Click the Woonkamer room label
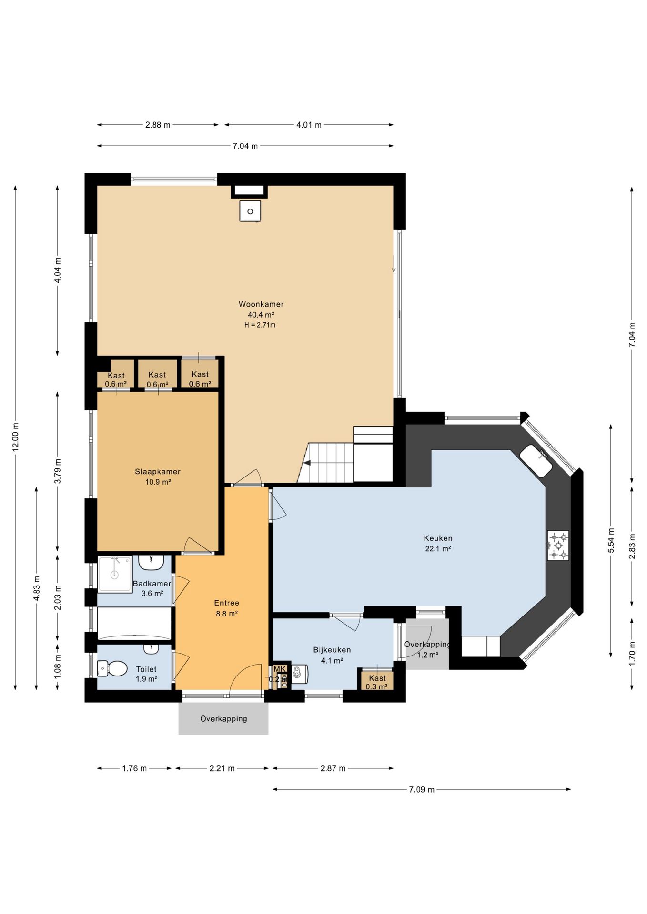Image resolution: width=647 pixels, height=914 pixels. pyautogui.click(x=261, y=304)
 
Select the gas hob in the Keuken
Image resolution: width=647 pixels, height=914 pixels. pyautogui.click(x=558, y=546)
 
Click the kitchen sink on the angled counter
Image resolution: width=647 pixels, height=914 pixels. pyautogui.click(x=536, y=461)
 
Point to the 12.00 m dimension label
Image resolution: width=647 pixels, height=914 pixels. pyautogui.click(x=16, y=437)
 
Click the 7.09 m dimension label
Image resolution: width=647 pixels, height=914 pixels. pyautogui.click(x=422, y=789)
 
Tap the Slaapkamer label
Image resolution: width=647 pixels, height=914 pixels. pyautogui.click(x=158, y=472)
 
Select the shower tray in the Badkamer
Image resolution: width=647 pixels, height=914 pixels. pyautogui.click(x=115, y=575)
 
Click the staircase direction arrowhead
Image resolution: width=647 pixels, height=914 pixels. pyautogui.click(x=307, y=462)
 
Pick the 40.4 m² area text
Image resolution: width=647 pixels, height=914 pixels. pyautogui.click(x=261, y=315)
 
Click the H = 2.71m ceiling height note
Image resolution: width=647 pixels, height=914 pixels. pyautogui.click(x=260, y=325)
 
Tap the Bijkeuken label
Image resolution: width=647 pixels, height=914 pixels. pyautogui.click(x=332, y=650)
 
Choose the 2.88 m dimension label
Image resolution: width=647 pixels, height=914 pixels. pyautogui.click(x=158, y=125)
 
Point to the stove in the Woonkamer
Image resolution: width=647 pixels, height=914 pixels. pyautogui.click(x=250, y=211)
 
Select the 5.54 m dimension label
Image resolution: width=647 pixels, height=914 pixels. pyautogui.click(x=611, y=540)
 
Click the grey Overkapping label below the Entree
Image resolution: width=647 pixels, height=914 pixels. pyautogui.click(x=223, y=719)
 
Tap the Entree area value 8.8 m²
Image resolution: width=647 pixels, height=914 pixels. pyautogui.click(x=227, y=614)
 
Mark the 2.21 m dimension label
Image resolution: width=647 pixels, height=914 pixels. pyautogui.click(x=222, y=768)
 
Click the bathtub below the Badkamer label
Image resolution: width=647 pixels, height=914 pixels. pyautogui.click(x=134, y=623)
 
